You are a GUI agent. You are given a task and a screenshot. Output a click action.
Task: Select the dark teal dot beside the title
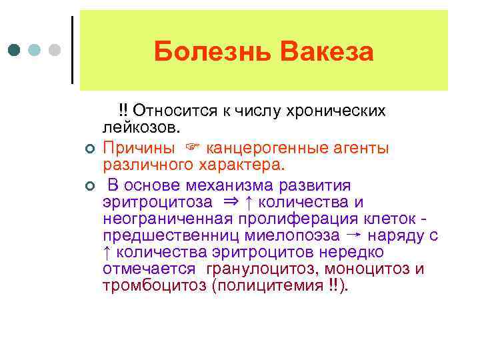pos(15,51)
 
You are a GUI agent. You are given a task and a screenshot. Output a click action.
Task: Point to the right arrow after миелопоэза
pos(355,235)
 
